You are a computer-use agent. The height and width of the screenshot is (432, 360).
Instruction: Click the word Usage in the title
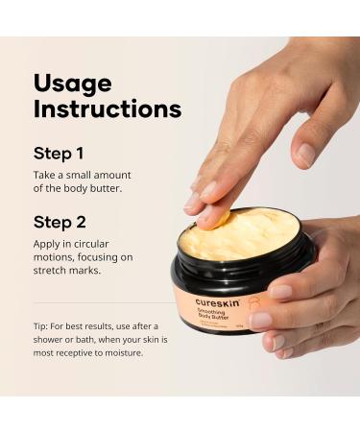pyautogui.click(x=73, y=84)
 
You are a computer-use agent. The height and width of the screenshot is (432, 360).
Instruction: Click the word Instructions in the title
pyautogui.click(x=108, y=108)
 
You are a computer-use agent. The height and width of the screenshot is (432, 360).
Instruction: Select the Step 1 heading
pyautogui.click(x=60, y=153)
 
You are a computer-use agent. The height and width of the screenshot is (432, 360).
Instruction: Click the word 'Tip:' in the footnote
pyautogui.click(x=42, y=324)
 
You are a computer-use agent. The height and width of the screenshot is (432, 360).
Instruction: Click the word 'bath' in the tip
pyautogui.click(x=94, y=338)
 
